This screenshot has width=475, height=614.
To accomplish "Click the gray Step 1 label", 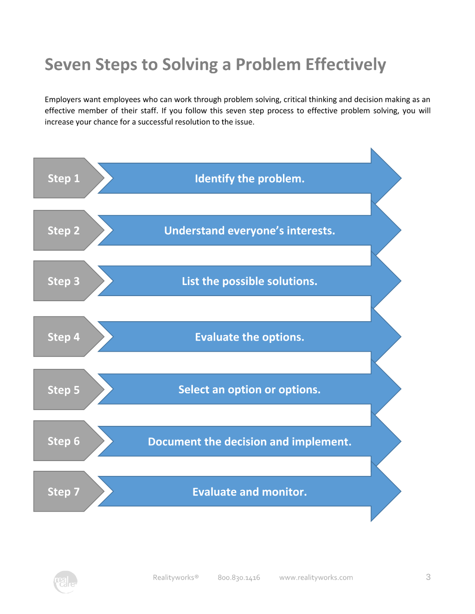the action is [64, 178].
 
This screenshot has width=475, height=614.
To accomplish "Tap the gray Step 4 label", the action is [64, 337].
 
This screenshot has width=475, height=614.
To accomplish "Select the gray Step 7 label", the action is [64, 492].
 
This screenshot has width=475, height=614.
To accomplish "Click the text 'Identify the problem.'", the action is [250, 178].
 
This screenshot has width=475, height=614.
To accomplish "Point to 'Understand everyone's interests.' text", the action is [250, 231].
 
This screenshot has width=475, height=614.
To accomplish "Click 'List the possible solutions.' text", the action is [250, 281].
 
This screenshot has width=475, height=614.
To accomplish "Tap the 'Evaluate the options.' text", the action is [250, 337].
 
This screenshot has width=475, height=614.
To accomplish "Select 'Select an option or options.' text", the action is [250, 390].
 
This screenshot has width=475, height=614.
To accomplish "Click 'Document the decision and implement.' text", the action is [250, 442].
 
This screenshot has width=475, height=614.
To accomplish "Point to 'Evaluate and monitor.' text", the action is [250, 492].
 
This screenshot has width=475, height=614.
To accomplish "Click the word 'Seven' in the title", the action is [68, 64].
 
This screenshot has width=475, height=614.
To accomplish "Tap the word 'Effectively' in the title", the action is [346, 65].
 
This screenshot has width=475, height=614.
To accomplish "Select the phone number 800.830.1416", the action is [239, 577].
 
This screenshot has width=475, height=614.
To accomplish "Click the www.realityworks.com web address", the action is [316, 577].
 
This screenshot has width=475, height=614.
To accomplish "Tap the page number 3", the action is [428, 577].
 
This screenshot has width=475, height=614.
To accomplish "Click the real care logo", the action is [65, 582].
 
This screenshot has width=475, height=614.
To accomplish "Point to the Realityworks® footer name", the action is [176, 577].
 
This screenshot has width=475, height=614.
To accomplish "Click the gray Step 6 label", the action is [64, 441].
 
